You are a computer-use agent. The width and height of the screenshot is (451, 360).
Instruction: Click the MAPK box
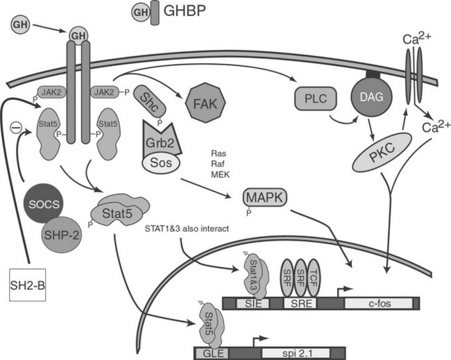[x=264, y=198]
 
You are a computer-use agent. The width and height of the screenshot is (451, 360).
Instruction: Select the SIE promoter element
[x=251, y=302]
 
